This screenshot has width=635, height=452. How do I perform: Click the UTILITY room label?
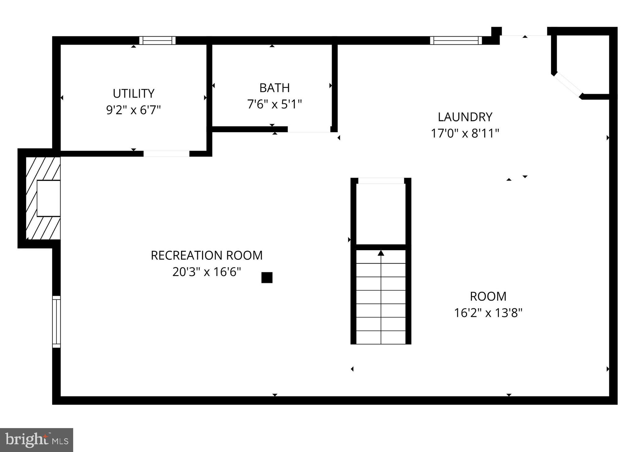pyautogui.click(x=133, y=93)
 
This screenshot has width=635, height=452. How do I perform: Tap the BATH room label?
pyautogui.click(x=274, y=88)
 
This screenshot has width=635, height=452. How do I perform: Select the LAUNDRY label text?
pyautogui.click(x=465, y=117)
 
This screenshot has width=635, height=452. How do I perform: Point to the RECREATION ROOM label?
pyautogui.click(x=206, y=255)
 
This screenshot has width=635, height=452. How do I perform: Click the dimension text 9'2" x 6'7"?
pyautogui.click(x=133, y=110)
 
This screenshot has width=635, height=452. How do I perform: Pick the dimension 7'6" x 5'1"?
pyautogui.click(x=274, y=104)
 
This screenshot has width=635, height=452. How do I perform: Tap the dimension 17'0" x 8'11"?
pyautogui.click(x=465, y=133)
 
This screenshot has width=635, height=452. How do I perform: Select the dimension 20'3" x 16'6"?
pyautogui.click(x=206, y=272)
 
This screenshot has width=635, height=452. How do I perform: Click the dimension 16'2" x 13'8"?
pyautogui.click(x=488, y=313)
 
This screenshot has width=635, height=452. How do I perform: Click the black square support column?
pyautogui.click(x=267, y=278)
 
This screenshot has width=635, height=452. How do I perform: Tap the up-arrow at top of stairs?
pyautogui.click(x=381, y=253)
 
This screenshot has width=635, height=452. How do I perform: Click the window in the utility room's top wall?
pyautogui.click(x=157, y=41)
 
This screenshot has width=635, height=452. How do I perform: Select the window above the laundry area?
pyautogui.click(x=456, y=41)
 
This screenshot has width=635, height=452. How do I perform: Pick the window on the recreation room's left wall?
pyautogui.click(x=56, y=322)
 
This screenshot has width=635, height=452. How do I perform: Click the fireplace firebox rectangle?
pyautogui.click(x=48, y=198)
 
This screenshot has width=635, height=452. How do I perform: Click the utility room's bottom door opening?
pyautogui.click(x=166, y=153)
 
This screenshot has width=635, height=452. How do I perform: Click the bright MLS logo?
pyautogui.click(x=37, y=440)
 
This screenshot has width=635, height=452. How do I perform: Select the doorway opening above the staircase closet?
pyautogui.click(x=381, y=181)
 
